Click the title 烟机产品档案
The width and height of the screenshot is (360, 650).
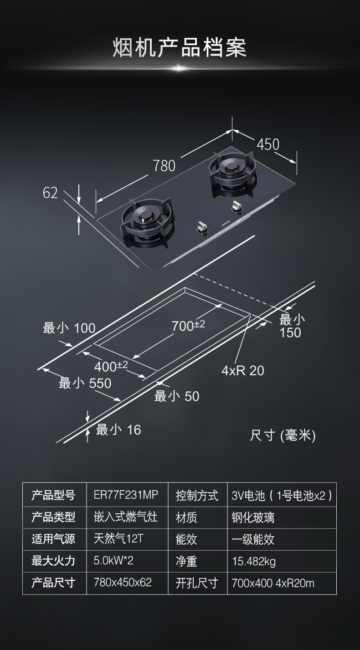[x=180, y=47]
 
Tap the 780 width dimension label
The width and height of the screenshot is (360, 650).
[x=164, y=165]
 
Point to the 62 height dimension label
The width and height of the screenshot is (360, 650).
[x=51, y=193]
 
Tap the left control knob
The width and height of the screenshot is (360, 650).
[x=201, y=226]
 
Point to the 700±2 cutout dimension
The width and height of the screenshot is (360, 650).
[x=188, y=326]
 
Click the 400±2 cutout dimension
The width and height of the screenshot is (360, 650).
[x=111, y=365]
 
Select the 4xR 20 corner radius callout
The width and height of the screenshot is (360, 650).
[x=242, y=370]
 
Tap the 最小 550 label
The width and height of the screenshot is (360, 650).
[x=85, y=384]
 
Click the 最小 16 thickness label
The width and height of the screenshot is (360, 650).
[x=118, y=429]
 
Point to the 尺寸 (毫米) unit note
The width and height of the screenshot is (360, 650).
[x=283, y=435]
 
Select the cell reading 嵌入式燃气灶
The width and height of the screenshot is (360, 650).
[x=125, y=517]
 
